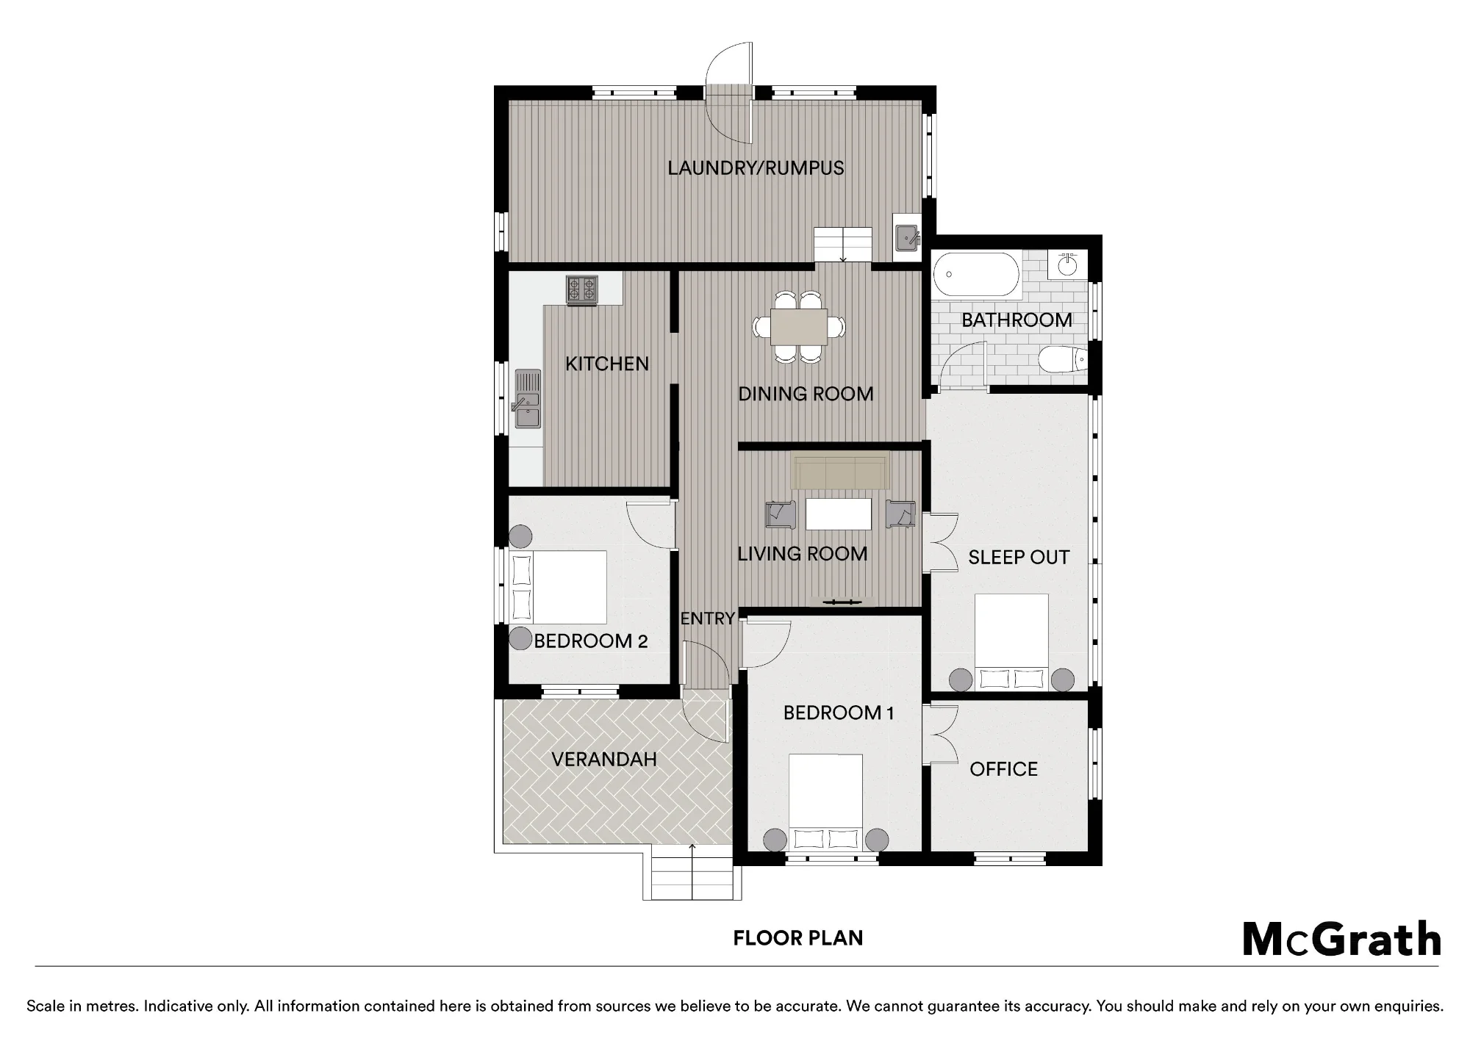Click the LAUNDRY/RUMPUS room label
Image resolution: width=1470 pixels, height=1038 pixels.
pyautogui.click(x=756, y=168)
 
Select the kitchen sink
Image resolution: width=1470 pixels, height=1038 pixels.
pyautogui.click(x=526, y=400)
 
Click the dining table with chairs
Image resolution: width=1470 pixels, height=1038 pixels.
pyautogui.click(x=799, y=326)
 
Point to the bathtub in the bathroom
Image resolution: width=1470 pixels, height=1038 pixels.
pyautogui.click(x=976, y=274)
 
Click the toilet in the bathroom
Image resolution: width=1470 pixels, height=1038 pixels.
pyautogui.click(x=1063, y=360)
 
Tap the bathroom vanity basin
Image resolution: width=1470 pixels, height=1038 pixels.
pyautogui.click(x=1067, y=264)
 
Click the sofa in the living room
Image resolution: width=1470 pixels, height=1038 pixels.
pyautogui.click(x=840, y=472)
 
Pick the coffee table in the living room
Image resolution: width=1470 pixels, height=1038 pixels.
pyautogui.click(x=839, y=514)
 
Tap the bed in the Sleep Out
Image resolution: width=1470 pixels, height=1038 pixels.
pyautogui.click(x=1011, y=642)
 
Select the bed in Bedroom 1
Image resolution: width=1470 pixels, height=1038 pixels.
pyautogui.click(x=825, y=802)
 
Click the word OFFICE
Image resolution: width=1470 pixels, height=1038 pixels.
pyautogui.click(x=1003, y=769)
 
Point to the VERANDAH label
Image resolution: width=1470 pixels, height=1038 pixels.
pyautogui.click(x=603, y=759)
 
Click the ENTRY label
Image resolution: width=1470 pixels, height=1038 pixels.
pyautogui.click(x=707, y=619)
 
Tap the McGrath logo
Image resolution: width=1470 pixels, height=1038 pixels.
pyautogui.click(x=1342, y=939)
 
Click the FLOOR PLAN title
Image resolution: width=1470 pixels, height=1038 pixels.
pyautogui.click(x=797, y=938)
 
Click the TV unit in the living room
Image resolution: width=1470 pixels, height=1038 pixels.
pyautogui.click(x=842, y=602)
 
